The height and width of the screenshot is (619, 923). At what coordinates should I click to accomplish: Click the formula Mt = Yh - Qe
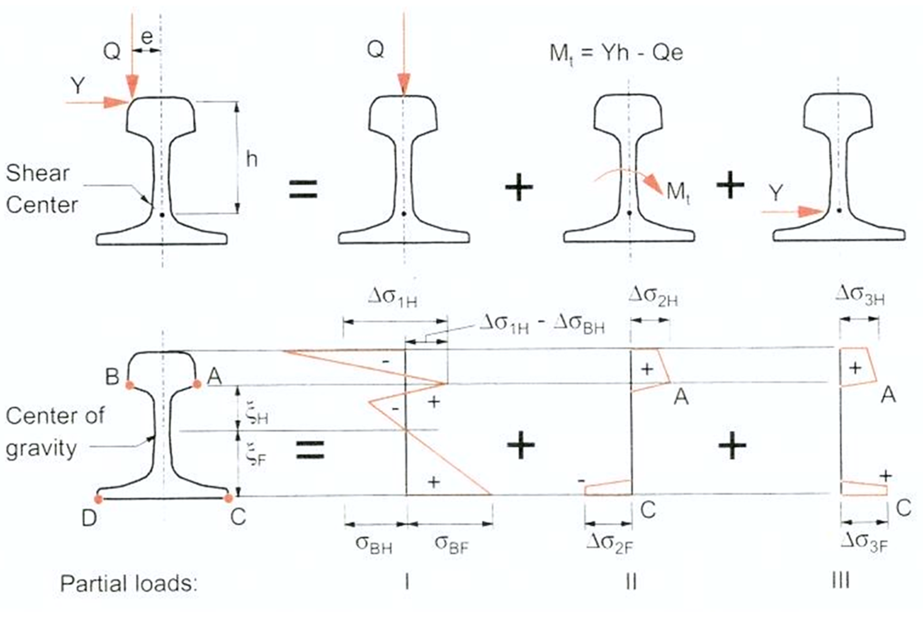coord(616,53)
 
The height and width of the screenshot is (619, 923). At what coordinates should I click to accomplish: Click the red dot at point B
coord(130,384)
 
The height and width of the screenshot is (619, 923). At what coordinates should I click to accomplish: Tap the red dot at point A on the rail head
coord(197,384)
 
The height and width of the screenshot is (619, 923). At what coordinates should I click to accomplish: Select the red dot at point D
coord(99,498)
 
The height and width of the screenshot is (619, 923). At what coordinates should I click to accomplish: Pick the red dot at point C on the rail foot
coord(228,498)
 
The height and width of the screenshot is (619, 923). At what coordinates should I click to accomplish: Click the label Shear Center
coord(41,189)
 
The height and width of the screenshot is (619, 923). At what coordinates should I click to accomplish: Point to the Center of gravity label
coord(54,432)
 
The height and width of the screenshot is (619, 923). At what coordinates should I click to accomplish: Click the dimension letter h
coord(252,159)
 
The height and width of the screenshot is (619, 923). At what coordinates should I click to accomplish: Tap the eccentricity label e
coord(147,37)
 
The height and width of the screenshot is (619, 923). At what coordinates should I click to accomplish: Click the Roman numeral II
coord(631,582)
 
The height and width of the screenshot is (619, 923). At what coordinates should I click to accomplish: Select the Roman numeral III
coord(841,580)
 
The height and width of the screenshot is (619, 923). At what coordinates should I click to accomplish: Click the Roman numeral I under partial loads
coord(407,582)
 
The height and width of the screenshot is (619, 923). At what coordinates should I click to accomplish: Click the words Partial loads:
coord(128,583)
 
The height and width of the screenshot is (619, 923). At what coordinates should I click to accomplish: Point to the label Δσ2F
coord(609,543)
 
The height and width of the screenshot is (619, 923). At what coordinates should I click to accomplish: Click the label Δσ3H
coord(860,295)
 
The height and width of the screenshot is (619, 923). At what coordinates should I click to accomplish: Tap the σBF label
coord(451,543)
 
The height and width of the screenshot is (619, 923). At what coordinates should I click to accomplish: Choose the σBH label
coord(374,543)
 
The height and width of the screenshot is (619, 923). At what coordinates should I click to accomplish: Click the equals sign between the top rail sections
coord(303,189)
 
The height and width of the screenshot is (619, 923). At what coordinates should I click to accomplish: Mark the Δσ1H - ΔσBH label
coord(542,325)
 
